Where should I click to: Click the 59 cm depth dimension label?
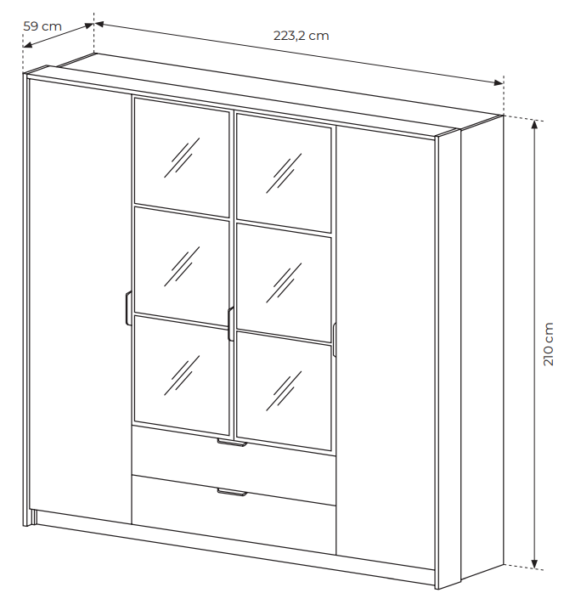42,26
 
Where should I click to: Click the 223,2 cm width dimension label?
301,36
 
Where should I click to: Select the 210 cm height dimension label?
548,344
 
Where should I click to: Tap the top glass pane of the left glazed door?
182,157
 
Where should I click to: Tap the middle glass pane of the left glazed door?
182,267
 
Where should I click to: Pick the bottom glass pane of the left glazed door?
182,376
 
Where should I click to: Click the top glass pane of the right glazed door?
284,173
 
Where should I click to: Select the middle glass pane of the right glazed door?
284,282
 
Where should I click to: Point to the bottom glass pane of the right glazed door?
284,391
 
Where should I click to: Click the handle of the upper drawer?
232,443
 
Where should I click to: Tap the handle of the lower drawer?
232,493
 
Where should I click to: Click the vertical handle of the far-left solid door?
128,308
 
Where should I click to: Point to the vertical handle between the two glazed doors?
231,324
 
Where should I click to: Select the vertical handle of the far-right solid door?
335,339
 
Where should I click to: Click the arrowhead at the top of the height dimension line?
535,124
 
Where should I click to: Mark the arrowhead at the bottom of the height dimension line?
535,564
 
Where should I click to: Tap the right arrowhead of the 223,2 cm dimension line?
499,83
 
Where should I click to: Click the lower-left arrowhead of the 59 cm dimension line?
27,45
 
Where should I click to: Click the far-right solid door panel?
386,347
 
